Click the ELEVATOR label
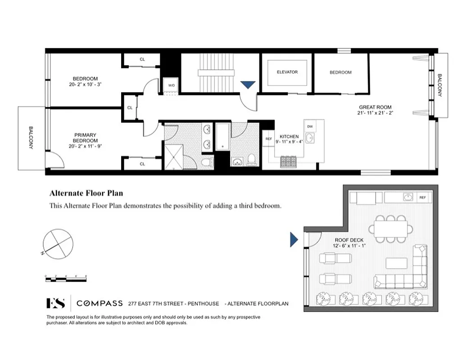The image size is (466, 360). [287, 72]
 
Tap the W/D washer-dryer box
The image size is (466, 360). [172, 85]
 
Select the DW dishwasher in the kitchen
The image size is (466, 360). [310, 126]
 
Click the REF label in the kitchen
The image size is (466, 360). [269, 139]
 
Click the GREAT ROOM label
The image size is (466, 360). [375, 107]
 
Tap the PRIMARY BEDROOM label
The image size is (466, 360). [86, 138]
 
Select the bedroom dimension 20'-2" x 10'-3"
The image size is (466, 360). [86, 84]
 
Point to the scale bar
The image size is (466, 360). [66, 279]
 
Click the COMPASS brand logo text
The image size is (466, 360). [99, 303]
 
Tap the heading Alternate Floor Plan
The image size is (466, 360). [86, 193]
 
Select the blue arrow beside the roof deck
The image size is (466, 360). [294, 239]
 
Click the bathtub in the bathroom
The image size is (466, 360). [222, 137]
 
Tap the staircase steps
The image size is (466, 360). [216, 72]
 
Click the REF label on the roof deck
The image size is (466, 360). [422, 198]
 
